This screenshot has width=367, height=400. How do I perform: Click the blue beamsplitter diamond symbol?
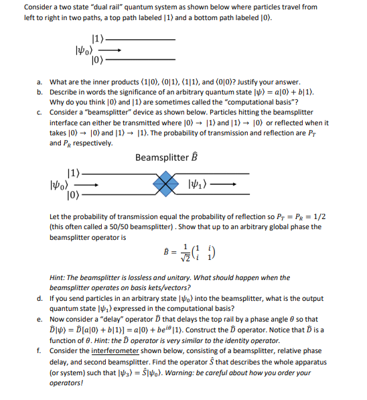click(165, 182)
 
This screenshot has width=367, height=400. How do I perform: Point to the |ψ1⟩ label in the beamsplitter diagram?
click(201, 182)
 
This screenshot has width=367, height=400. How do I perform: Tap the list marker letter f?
click(40, 350)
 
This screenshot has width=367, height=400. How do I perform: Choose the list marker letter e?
click(40, 319)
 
